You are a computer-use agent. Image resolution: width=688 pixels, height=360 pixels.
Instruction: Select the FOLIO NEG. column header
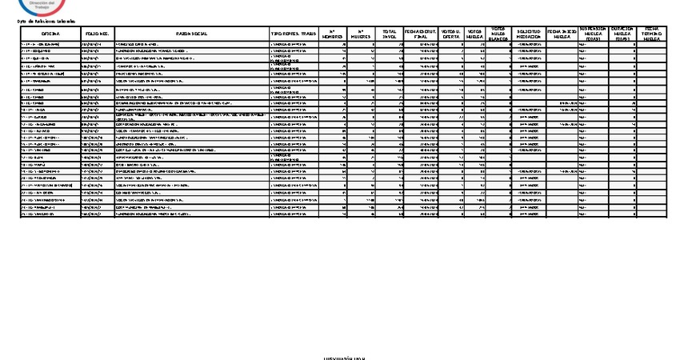(97, 34)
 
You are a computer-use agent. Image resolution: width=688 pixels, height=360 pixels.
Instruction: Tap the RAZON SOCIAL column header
(192, 34)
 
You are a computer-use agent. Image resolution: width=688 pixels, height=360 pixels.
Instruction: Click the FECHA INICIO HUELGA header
(558, 34)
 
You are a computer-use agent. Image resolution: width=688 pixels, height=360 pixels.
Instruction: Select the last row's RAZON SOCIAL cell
(192, 214)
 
